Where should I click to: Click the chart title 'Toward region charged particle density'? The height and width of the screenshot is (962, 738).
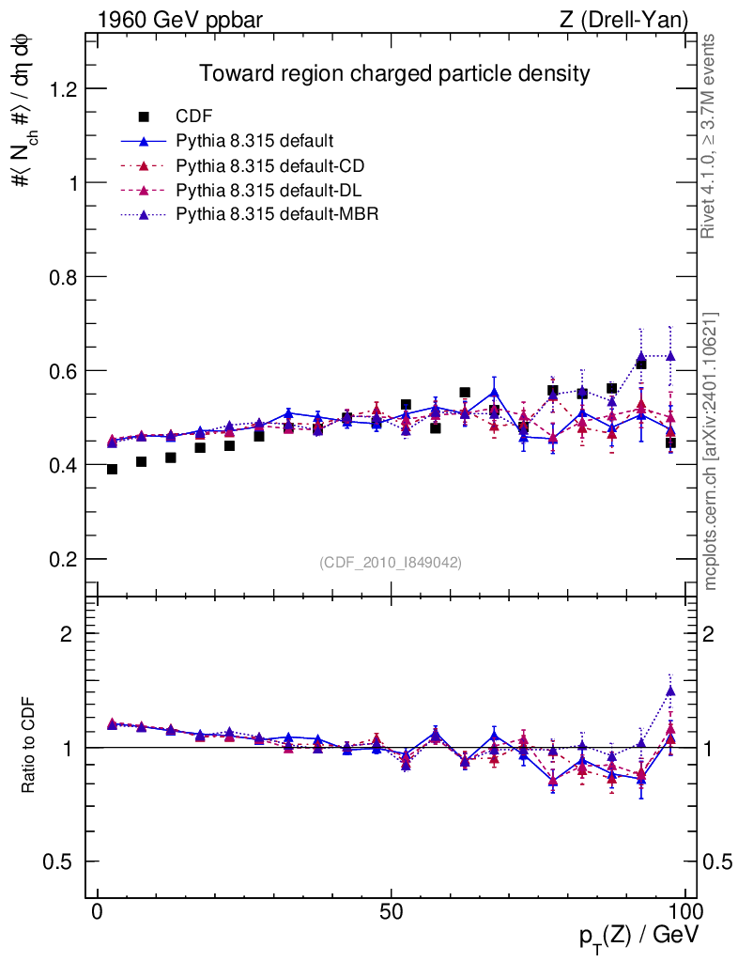[x=393, y=73]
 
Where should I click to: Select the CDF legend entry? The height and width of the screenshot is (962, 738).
[x=194, y=116]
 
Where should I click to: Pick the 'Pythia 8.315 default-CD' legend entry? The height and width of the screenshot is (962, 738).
[x=269, y=166]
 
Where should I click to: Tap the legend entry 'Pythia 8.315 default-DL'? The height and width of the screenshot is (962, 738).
[x=269, y=191]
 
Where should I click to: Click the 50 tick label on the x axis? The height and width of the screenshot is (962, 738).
[x=392, y=912]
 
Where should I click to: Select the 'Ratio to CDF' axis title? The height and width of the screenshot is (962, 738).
[x=30, y=747]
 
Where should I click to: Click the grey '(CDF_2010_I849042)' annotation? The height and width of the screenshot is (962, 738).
[x=391, y=562]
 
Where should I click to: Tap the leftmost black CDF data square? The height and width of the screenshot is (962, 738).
[x=112, y=469]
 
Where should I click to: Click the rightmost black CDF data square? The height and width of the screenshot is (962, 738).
[x=670, y=442]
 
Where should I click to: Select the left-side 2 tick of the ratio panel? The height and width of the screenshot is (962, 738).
[x=67, y=633]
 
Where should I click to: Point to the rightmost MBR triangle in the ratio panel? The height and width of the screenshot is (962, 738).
[x=670, y=690]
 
